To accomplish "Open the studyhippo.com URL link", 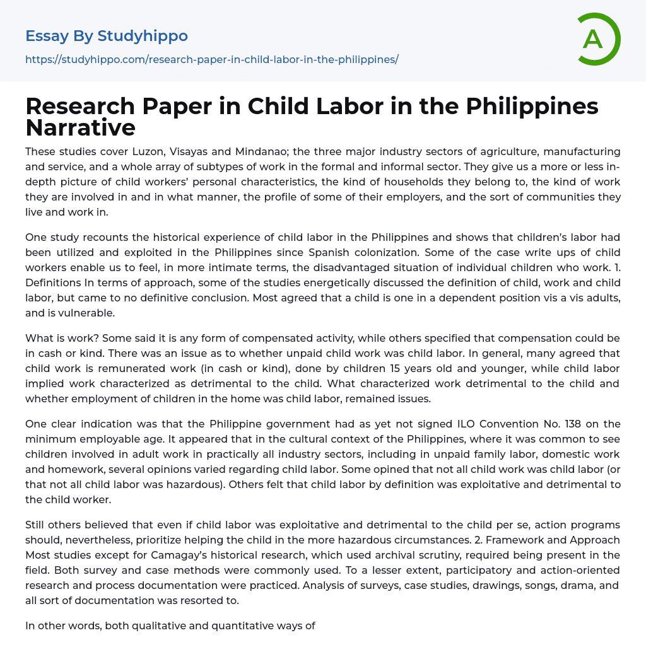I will pyautogui.click(x=211, y=59).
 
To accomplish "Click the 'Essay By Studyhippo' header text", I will pyautogui.click(x=107, y=36).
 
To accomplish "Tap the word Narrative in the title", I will pyautogui.click(x=80, y=128).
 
